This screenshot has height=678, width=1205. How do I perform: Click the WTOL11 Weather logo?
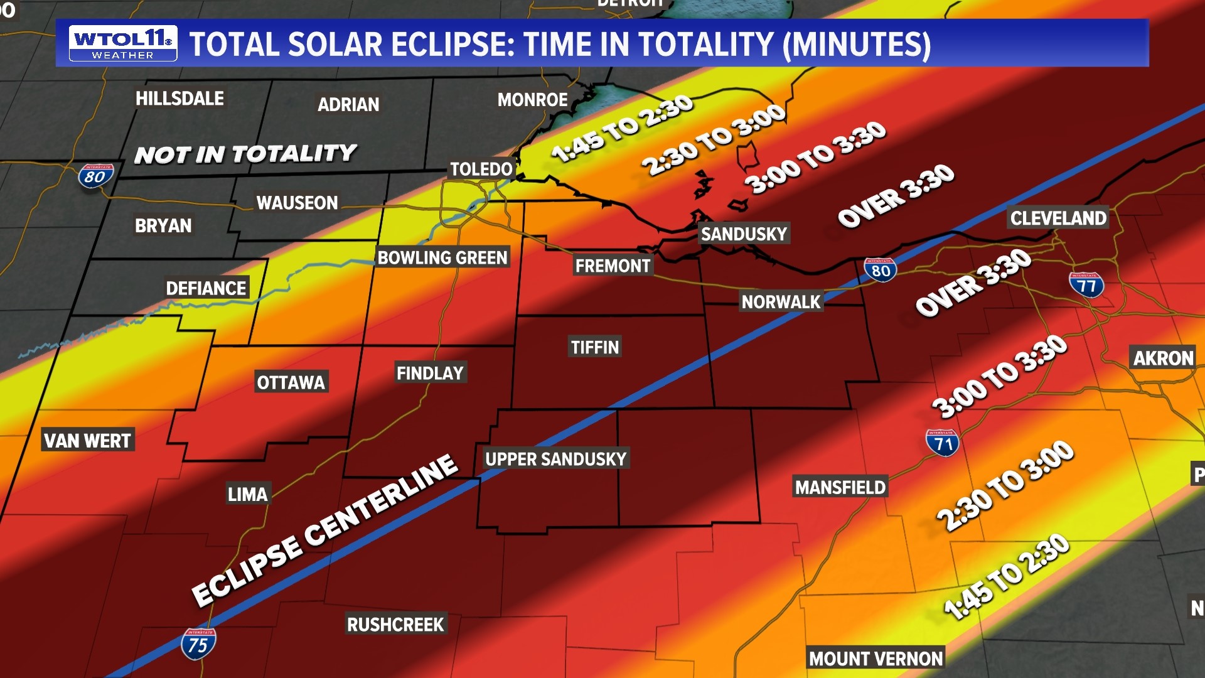click(123, 43)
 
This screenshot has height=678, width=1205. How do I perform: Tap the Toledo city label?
click(481, 169)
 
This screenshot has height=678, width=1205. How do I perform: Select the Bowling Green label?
click(442, 257)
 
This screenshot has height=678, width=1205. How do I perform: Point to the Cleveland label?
click(1058, 218)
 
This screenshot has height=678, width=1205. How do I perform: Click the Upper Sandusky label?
click(555, 459)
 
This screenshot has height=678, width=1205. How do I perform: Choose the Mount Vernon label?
click(876, 659)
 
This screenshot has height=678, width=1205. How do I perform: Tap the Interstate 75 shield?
click(198, 644)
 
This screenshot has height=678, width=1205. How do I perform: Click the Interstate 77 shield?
click(1086, 285)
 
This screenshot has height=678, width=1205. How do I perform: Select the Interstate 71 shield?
click(943, 443)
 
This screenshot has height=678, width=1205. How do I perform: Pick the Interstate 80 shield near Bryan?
click(95, 176)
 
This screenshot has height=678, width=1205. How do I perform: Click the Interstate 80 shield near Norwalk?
click(881, 270)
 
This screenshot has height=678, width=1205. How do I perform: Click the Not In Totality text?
click(245, 154)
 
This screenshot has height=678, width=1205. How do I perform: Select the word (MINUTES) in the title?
click(857, 45)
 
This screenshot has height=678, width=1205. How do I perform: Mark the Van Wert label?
click(87, 441)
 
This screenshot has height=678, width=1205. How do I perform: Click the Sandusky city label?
click(744, 234)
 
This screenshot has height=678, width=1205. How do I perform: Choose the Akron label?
click(1163, 358)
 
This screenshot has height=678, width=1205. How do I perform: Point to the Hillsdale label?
click(179, 99)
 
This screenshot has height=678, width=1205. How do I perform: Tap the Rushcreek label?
click(395, 625)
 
